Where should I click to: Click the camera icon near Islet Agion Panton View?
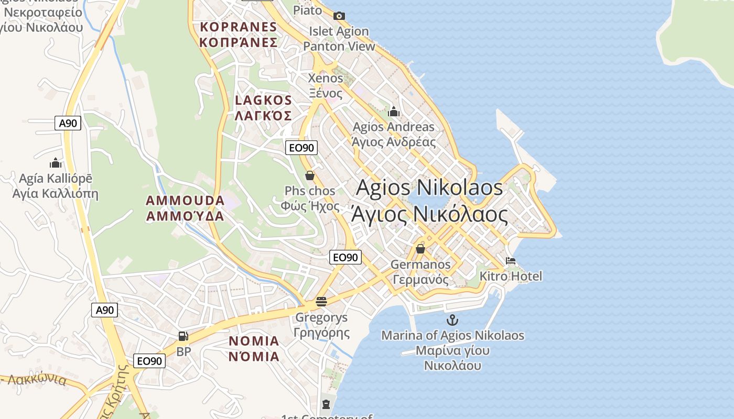(x=339, y=16)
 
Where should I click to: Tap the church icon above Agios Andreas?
(x=394, y=112)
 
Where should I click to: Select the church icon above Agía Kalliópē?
(x=56, y=163)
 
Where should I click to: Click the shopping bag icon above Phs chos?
(x=310, y=175)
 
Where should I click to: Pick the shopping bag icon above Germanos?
(x=420, y=249)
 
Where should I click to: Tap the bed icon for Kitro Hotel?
(x=511, y=261)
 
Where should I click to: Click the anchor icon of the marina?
(x=452, y=320)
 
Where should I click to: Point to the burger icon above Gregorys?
(x=321, y=302)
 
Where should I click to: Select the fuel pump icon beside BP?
(x=183, y=336)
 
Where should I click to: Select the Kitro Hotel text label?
(x=511, y=276)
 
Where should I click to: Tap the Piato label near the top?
(x=308, y=10)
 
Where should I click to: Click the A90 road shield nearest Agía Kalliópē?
(x=68, y=124)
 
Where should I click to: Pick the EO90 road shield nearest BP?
(x=150, y=361)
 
